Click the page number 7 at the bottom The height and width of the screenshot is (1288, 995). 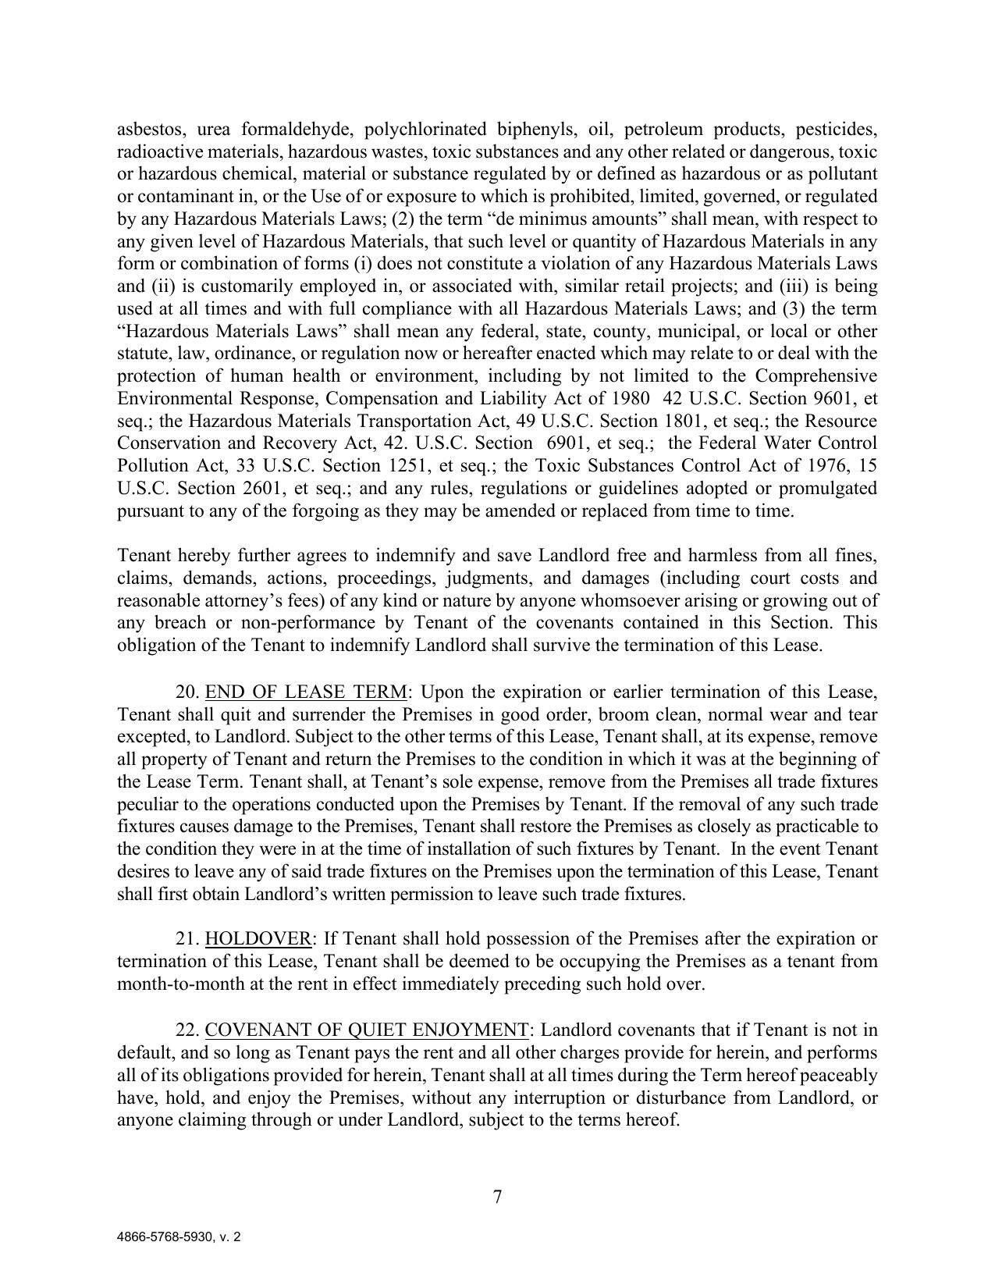coord(497,1197)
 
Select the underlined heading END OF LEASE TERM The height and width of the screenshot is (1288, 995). coord(306,692)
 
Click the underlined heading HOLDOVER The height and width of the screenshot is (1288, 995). coord(258,938)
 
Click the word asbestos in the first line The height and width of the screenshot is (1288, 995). coord(149,129)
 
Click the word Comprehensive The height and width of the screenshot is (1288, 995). coord(816,376)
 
